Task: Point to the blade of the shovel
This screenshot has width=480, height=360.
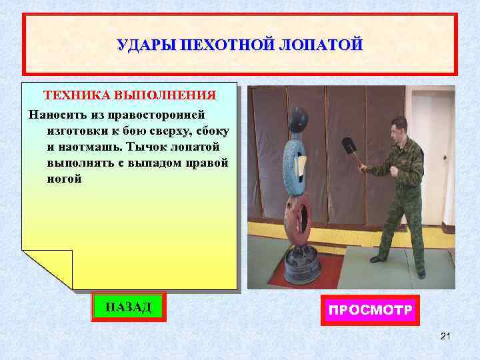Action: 349,147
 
